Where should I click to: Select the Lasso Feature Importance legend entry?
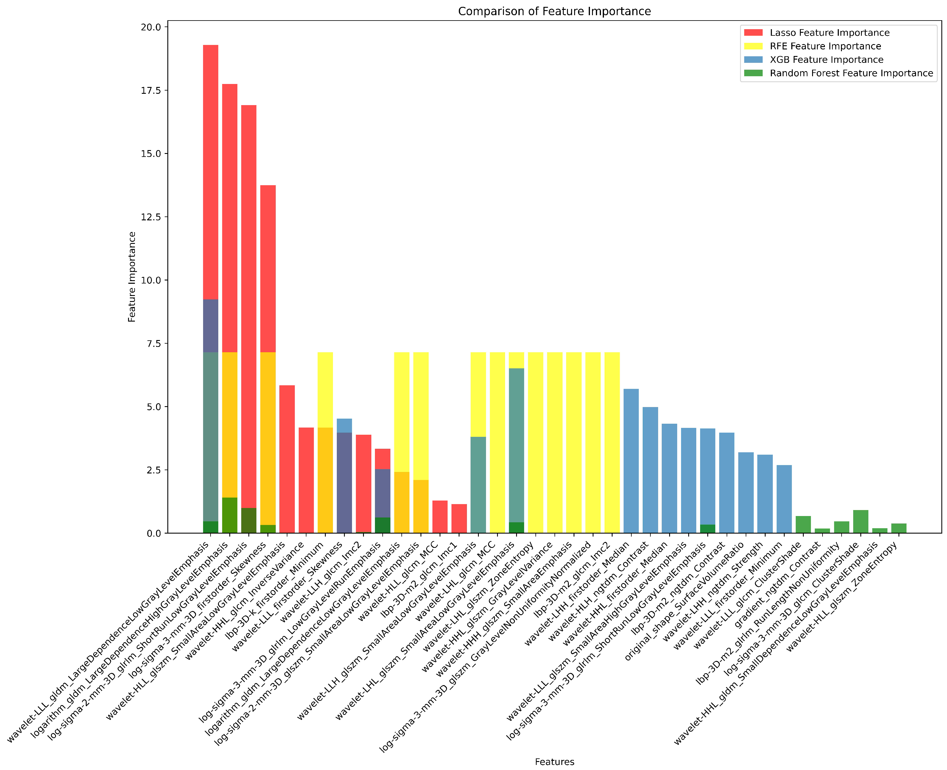click(x=829, y=33)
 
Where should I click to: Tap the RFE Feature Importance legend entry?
click(x=825, y=46)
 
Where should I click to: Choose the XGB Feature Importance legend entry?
click(x=826, y=60)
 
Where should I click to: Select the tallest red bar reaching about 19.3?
click(x=211, y=177)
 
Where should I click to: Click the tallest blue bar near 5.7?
click(x=631, y=461)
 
